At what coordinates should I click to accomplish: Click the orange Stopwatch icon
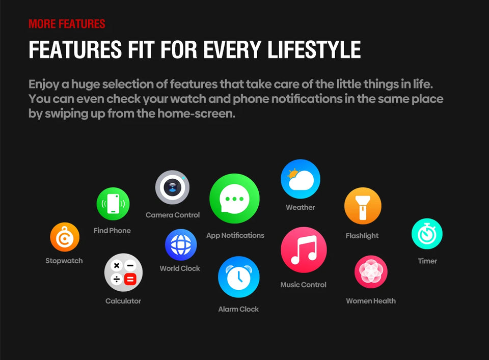coord(65,237)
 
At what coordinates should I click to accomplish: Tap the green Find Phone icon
coord(113,204)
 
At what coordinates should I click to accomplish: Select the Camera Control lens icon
coord(172,187)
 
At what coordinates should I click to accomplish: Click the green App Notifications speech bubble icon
coord(234,199)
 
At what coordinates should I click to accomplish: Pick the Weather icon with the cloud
coord(301,179)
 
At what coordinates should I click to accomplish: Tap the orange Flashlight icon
coord(363,206)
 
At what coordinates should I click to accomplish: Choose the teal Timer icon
coord(427,234)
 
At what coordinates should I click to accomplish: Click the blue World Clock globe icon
coord(181,245)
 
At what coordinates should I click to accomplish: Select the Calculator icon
coord(123,272)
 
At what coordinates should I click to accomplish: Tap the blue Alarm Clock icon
coord(238,277)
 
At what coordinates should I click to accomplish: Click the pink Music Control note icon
coord(304,250)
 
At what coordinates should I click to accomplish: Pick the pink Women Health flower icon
coord(371,272)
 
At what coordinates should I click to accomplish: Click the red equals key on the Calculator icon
coord(130,279)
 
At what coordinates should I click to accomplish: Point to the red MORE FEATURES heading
coord(67,24)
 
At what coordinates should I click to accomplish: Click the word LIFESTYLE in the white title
coord(314,49)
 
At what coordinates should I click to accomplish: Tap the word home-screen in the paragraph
coord(196,114)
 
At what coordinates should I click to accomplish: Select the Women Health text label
coord(371,301)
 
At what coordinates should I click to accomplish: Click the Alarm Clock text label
coord(238,309)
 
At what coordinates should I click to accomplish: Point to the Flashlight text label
coord(362,236)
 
